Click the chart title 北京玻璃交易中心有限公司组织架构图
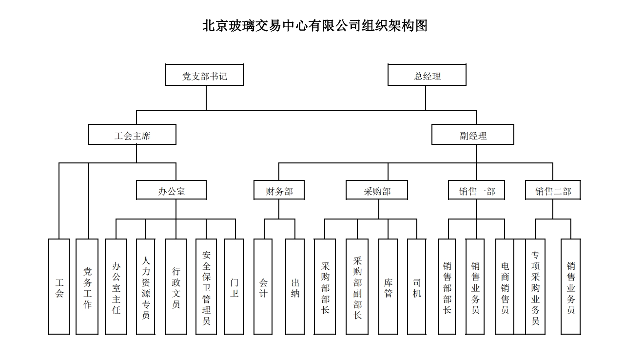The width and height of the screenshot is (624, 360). (315, 25)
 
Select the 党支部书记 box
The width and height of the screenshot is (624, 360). (204, 76)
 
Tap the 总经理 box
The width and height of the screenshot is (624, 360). (427, 76)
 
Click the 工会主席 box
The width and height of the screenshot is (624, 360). (132, 135)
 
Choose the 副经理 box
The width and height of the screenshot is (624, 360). (472, 135)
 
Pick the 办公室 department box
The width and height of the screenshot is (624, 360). (171, 191)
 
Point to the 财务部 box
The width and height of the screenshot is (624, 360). (279, 191)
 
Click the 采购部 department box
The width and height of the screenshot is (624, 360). (377, 191)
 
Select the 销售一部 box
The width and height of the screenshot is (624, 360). (476, 191)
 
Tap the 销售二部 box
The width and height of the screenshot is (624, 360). (553, 191)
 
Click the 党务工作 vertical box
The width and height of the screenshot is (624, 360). (87, 287)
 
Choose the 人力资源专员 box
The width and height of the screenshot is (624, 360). (146, 287)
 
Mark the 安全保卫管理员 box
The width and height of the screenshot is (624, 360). (206, 287)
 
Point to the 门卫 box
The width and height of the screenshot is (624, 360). (234, 287)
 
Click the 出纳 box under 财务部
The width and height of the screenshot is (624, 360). (295, 287)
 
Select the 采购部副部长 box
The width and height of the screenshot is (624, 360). (357, 287)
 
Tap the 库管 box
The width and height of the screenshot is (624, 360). (388, 287)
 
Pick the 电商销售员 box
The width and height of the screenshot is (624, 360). (505, 287)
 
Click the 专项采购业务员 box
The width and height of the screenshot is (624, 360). (535, 287)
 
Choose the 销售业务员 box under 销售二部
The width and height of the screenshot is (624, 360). (570, 287)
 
